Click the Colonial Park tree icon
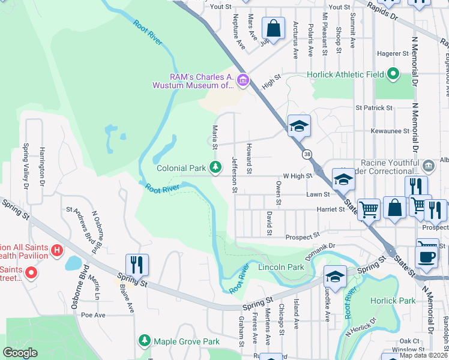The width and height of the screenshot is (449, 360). coord(215,166)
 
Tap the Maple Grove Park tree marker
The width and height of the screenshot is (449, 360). coord(144,341)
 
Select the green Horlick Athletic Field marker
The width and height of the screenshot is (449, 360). coord(393,74)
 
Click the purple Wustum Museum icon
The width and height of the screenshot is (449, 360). coord(243,80)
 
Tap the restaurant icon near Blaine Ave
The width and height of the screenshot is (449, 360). coord(137,265)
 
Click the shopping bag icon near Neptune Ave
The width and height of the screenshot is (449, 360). coord(273,29)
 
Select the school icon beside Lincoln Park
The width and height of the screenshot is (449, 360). coord(335,277)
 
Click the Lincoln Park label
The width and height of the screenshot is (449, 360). coord(282,266)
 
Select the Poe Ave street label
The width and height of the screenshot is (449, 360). coord(93,314)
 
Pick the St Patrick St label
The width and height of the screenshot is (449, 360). coord(374,108)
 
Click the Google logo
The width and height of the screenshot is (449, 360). coord(20,353)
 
